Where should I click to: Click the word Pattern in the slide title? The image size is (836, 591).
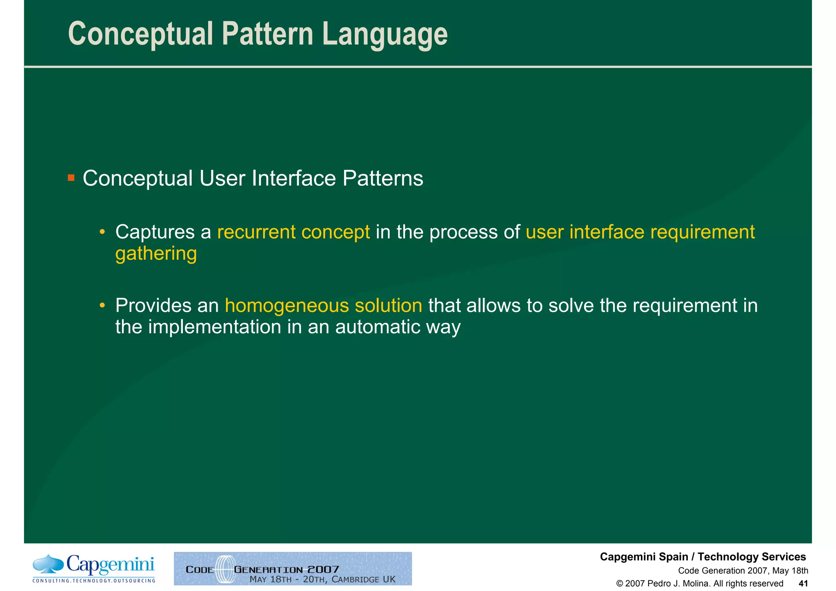[267, 33]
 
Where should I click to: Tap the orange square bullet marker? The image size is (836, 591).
[71, 178]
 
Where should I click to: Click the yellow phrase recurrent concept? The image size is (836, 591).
[293, 232]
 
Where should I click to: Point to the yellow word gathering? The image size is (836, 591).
[156, 254]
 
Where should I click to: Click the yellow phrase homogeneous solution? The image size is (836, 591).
[323, 306]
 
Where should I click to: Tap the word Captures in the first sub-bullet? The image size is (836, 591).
[155, 232]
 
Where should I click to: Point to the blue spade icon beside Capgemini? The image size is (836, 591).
[48, 564]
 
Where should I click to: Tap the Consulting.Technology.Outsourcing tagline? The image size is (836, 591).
[93, 581]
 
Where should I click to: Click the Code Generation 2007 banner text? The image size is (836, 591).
[286, 569]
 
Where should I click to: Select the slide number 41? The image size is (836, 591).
[803, 584]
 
